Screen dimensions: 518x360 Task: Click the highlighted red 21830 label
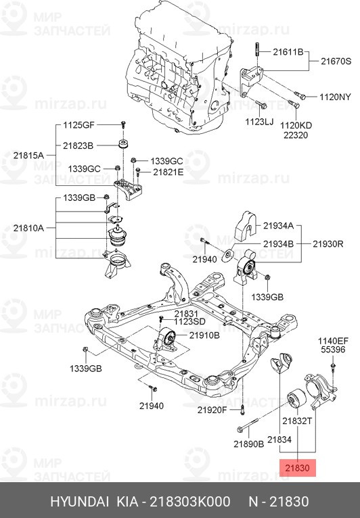(297, 467)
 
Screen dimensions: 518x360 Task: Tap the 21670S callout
(334, 61)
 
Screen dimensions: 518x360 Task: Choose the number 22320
(296, 135)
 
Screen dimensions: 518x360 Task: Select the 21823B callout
(78, 145)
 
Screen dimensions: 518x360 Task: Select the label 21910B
(204, 335)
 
